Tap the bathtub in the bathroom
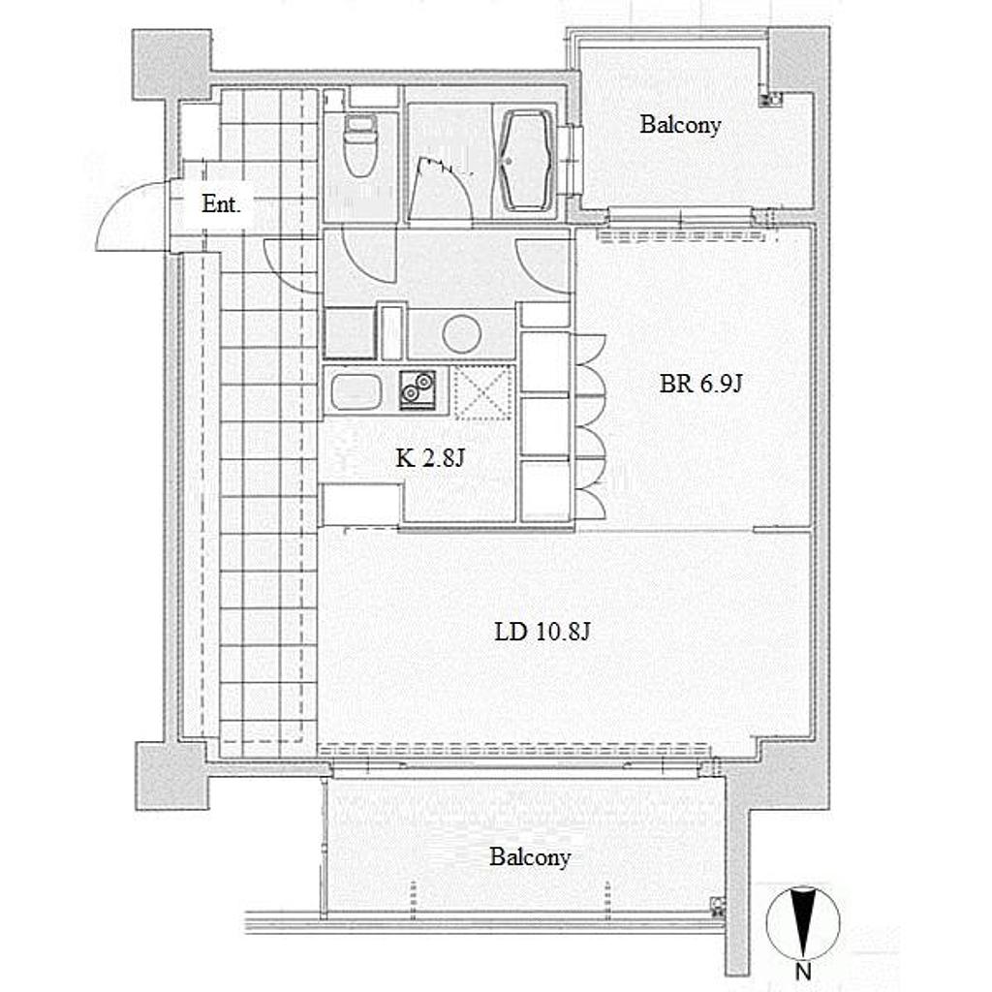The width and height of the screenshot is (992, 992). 526,161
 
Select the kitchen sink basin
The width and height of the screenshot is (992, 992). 356,392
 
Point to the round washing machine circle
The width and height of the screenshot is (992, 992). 462,333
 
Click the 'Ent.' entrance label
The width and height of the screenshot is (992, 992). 221,203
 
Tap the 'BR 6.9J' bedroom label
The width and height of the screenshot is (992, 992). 700,384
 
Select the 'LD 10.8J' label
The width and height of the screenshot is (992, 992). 542,632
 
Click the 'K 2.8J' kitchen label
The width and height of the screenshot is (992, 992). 430,457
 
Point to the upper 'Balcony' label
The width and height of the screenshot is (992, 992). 680,125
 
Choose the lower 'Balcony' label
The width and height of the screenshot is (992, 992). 530,857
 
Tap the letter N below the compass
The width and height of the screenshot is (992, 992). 803,971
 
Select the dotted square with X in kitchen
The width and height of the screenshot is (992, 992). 483,392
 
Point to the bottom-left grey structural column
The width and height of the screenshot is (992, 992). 171,776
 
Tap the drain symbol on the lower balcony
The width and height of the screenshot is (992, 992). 718,906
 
